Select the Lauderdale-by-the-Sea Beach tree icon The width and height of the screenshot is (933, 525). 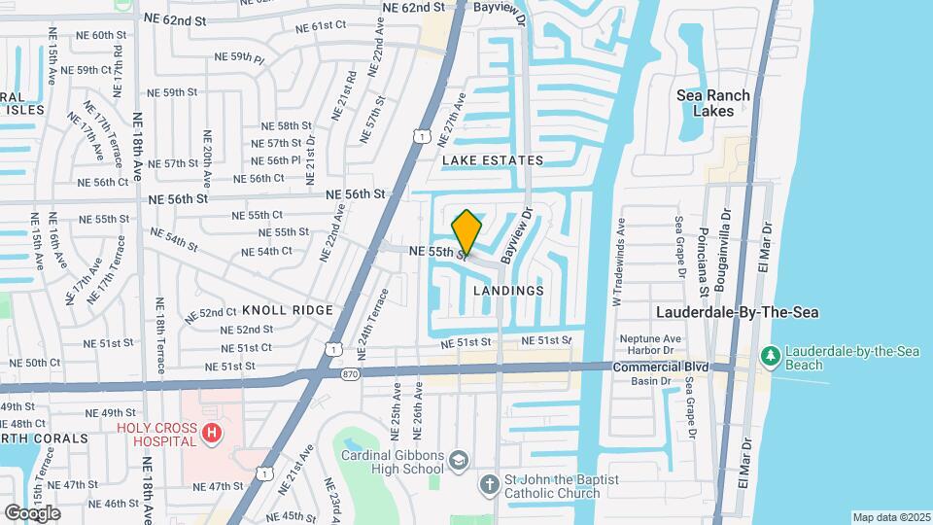click(771, 357)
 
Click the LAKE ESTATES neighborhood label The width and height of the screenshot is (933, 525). click(492, 159)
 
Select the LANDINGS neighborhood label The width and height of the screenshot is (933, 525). click(508, 291)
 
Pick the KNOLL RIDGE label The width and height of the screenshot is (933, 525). click(288, 310)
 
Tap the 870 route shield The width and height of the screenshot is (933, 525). click(350, 372)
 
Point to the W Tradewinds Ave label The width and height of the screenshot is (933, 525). click(617, 262)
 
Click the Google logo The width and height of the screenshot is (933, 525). click(32, 512)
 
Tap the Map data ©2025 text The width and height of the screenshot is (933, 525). click(890, 517)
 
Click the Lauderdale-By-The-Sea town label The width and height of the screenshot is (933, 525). click(738, 313)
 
